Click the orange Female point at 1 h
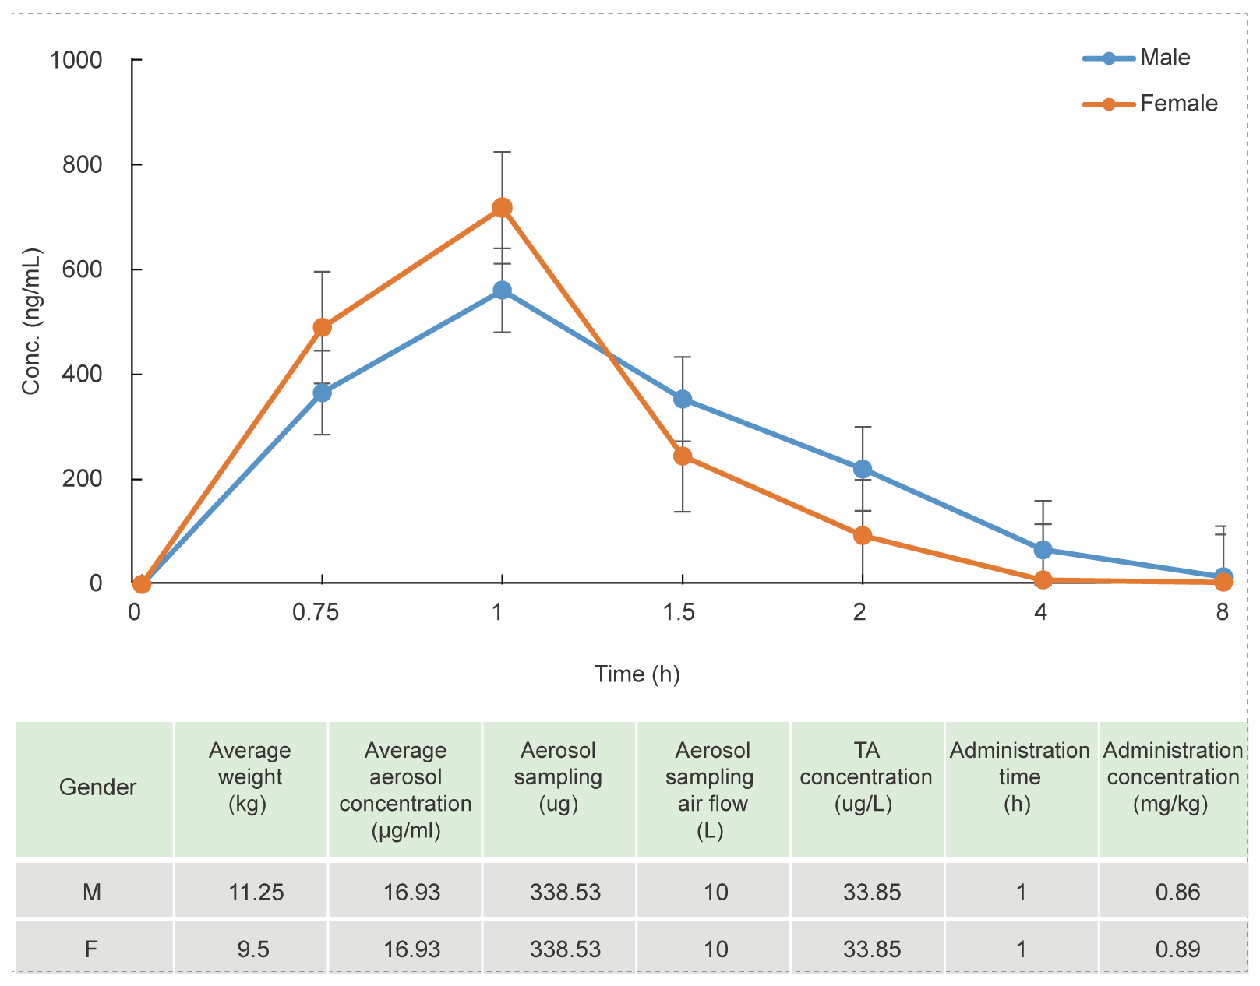[503, 208]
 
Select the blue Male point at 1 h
[503, 291]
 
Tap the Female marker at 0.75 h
[322, 328]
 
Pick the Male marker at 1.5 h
[683, 400]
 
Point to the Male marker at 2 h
[863, 470]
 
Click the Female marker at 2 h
[863, 536]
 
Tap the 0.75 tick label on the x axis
[316, 613]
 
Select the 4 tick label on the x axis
[1040, 613]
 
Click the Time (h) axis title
[637, 674]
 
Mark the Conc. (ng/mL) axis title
[31, 322]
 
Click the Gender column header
[97, 787]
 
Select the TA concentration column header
[866, 776]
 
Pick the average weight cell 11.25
[256, 892]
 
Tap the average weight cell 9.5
[253, 949]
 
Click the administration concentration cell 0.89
[1177, 949]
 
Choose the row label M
[92, 892]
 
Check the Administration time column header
[1019, 776]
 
